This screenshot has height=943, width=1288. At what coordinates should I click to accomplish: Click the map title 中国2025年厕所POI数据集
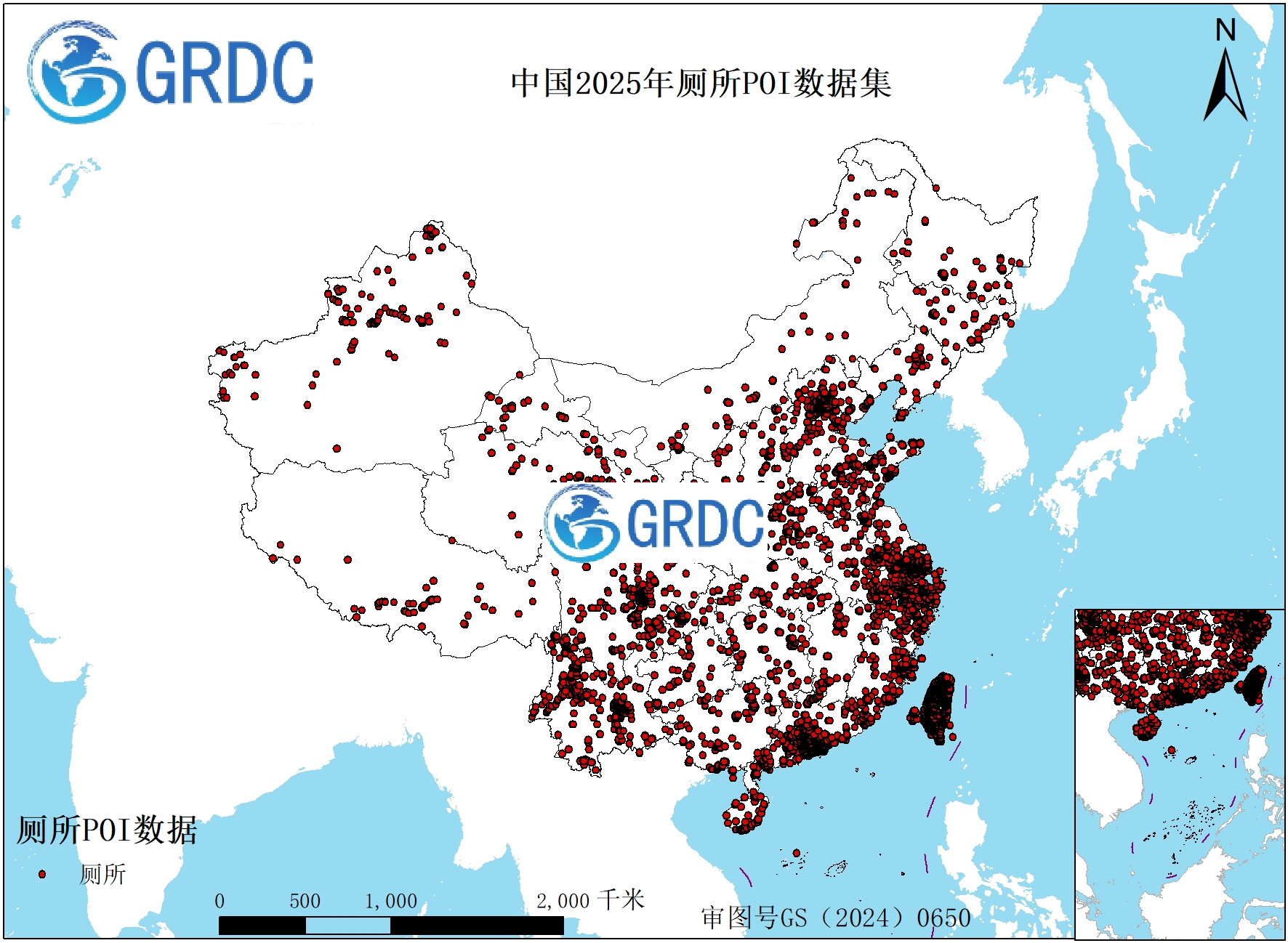(x=701, y=83)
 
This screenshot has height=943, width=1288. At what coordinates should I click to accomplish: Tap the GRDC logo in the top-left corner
(x=172, y=73)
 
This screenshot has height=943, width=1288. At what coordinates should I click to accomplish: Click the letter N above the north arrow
(x=1225, y=31)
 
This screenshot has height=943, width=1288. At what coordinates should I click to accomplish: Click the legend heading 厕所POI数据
(x=107, y=830)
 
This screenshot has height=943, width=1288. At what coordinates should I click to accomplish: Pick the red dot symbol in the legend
(x=42, y=874)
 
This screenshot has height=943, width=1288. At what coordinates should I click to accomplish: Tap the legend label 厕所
(x=102, y=874)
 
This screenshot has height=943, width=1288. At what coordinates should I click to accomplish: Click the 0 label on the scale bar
(x=220, y=902)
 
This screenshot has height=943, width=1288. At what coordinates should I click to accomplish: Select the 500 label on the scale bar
(x=305, y=902)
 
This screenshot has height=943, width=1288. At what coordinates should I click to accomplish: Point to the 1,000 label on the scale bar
(x=391, y=902)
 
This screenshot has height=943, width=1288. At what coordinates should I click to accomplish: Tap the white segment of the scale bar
(x=347, y=926)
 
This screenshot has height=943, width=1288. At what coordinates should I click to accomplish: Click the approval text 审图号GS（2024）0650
(x=836, y=918)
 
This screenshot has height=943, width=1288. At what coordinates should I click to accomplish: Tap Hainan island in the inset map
(x=1146, y=726)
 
